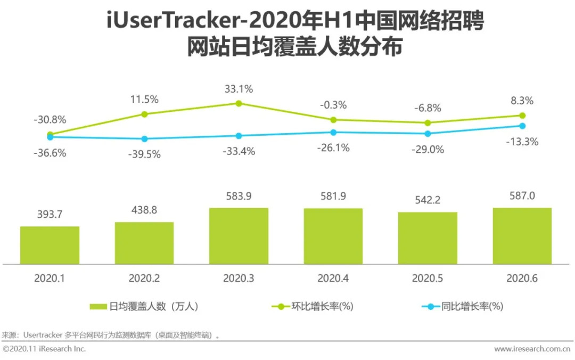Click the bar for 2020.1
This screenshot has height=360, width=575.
click(x=50, y=245)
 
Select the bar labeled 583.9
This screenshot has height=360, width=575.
click(x=239, y=235)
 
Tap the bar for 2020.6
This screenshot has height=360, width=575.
click(x=522, y=235)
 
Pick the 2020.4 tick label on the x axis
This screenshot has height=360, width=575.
click(x=333, y=278)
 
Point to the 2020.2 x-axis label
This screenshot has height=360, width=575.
click(x=144, y=278)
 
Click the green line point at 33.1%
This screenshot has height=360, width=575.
click(x=239, y=103)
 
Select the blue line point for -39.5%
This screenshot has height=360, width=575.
click(x=144, y=139)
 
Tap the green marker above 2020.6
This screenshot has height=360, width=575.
click(x=522, y=116)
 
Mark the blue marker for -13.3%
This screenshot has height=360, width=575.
click(x=522, y=126)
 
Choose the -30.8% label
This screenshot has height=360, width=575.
click(x=50, y=120)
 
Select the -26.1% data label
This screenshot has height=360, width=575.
click(x=333, y=148)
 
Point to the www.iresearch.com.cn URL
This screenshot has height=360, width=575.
click(x=533, y=349)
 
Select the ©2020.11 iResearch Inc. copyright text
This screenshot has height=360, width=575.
click(x=44, y=349)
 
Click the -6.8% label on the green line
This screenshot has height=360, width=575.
click(x=428, y=108)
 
